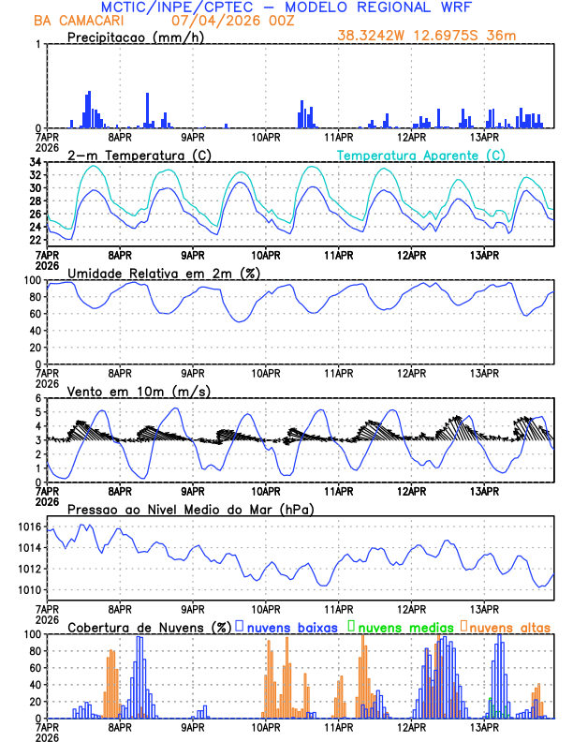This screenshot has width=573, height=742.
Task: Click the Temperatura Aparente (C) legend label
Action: pyautogui.click(x=421, y=155)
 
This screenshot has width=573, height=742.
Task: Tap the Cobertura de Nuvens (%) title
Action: pyautogui.click(x=150, y=627)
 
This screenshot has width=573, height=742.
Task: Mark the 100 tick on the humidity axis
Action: pyautogui.click(x=33, y=281)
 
